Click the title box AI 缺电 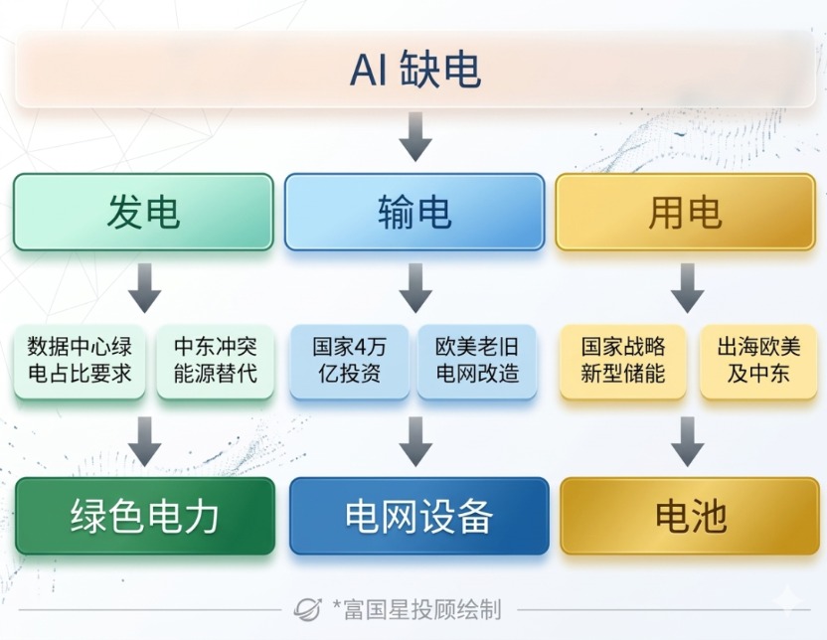click(413, 70)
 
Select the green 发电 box click(143, 212)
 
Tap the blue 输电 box click(414, 212)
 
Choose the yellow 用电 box click(685, 212)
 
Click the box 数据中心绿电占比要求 click(80, 361)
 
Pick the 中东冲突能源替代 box click(215, 361)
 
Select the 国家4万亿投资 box click(349, 361)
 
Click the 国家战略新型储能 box click(623, 361)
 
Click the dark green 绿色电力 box click(144, 516)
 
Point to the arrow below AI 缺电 click(414, 136)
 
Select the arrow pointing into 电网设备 click(415, 441)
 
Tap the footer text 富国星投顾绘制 click(420, 608)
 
